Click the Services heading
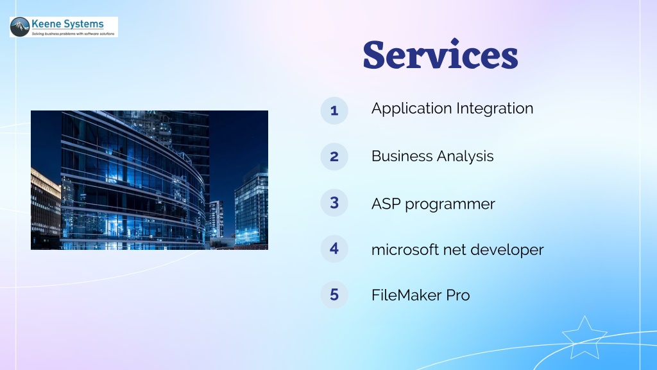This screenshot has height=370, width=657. pos(440,54)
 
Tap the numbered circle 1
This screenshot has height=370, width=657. pos(334,110)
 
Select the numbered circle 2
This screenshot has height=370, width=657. pos(334,157)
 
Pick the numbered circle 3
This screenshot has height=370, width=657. pos(334,202)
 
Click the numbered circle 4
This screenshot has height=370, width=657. pos(334,249)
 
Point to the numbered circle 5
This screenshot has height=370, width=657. pos(334,294)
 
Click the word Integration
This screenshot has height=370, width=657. pos(495,109)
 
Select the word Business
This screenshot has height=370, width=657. pos(402,156)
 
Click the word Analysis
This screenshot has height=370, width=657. pos(465,157)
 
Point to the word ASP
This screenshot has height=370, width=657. pos(386,204)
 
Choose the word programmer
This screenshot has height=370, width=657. pos(450,205)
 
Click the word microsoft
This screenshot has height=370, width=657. pos(405,250)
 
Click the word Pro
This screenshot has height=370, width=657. pos(458,295)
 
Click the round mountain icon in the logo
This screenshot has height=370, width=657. pos(20,27)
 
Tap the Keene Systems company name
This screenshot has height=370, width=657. pos(67,24)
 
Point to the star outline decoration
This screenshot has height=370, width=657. pos(584,338)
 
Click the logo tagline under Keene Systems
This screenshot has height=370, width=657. pos(73,33)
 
